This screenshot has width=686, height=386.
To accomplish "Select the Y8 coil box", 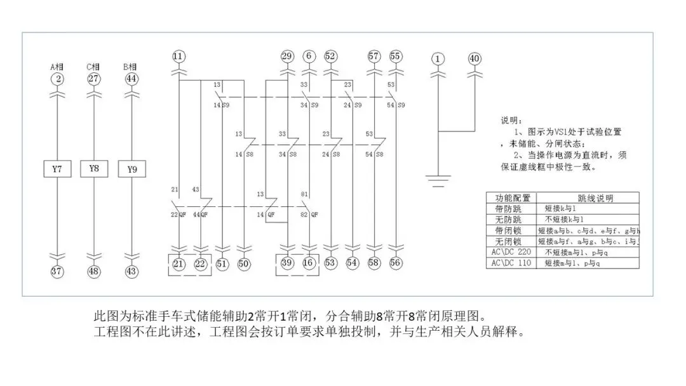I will (x=94, y=168).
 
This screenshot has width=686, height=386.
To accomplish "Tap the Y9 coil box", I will (x=131, y=169).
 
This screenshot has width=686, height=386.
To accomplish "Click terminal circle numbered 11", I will (x=178, y=57).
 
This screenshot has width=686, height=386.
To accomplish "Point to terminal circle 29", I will (x=287, y=57).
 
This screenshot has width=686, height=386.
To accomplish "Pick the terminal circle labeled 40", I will (x=474, y=59).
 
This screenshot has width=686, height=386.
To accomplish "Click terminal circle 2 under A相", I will (x=57, y=79).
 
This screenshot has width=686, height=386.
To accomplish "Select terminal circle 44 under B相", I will (x=131, y=79).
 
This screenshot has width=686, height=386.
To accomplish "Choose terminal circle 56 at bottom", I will (x=396, y=263).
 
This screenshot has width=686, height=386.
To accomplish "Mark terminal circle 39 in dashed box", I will (x=287, y=263).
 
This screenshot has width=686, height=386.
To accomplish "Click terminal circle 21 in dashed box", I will (x=178, y=263).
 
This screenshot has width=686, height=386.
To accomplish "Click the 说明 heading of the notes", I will (x=513, y=120).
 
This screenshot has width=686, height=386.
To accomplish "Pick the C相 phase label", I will (x=94, y=67).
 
